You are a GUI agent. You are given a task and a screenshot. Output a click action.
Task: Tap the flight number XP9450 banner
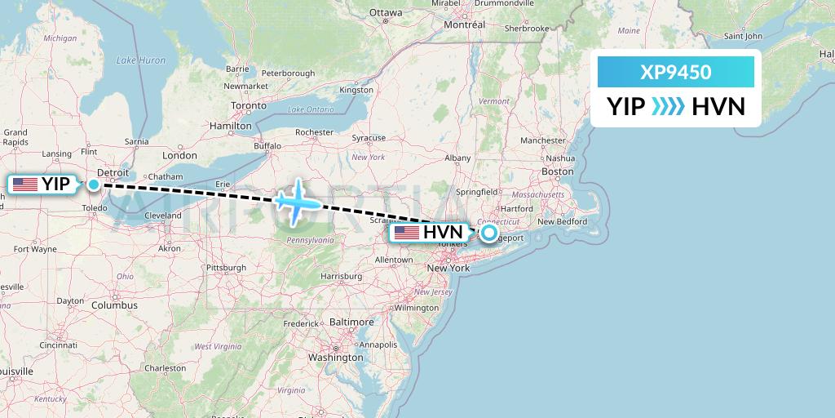pos(676,73)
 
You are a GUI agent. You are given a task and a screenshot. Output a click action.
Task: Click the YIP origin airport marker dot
pos(94,185)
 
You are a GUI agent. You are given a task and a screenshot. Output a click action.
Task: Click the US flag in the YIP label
pos(25,185)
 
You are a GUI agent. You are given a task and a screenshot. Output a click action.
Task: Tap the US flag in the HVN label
pos(407,233)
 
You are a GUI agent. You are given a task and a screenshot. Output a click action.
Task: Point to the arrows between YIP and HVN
pos(669,107)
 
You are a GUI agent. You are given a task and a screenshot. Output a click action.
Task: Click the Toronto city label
pos(248,106)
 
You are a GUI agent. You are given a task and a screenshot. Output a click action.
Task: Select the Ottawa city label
pos(386,13)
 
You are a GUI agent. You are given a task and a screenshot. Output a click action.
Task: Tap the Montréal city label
pos(464,25)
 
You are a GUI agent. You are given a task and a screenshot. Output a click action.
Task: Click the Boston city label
pos(558,171)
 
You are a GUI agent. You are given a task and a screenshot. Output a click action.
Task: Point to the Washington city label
pos(336,358)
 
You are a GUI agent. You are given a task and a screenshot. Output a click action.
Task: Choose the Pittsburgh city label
pos(226,268)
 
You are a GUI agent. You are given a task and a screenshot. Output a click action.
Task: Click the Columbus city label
pos(114,305)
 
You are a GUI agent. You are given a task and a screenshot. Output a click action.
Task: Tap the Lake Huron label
pos(141,60)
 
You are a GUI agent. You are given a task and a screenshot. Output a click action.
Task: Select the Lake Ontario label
pos(311,109)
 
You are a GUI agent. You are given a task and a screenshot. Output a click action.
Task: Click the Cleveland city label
pos(163,216)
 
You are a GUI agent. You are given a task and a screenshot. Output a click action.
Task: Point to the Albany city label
pos(457,158)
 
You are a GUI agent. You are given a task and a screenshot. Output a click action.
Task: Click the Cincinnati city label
pos(58,345)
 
